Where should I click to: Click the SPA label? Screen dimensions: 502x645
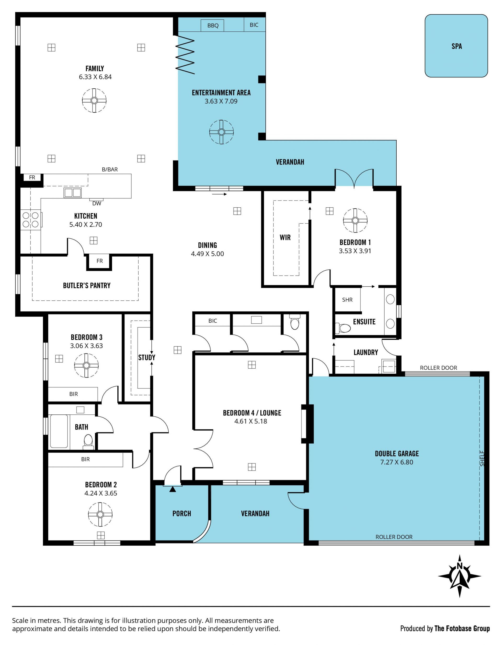pos(457,46)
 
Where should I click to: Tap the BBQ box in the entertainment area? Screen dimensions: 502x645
pos(212,25)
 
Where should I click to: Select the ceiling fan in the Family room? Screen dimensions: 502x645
pos(94,100)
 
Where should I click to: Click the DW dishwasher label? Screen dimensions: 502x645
pos(97,203)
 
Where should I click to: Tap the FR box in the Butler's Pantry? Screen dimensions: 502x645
pos(100,261)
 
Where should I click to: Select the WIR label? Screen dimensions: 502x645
pos(285,237)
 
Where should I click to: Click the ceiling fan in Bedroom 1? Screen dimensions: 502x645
pos(355,221)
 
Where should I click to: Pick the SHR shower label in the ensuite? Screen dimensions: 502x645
pos(347,300)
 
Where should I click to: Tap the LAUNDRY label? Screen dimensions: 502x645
pos(366,352)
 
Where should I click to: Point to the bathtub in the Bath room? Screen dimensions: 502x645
pos(59,431)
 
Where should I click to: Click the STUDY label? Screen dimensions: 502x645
pos(147,358)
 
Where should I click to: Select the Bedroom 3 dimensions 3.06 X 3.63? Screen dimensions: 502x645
pos(86,346)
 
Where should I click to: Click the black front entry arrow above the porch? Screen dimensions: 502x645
pos(173,489)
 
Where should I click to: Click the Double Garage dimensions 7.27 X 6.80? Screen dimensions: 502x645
pos(397,462)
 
